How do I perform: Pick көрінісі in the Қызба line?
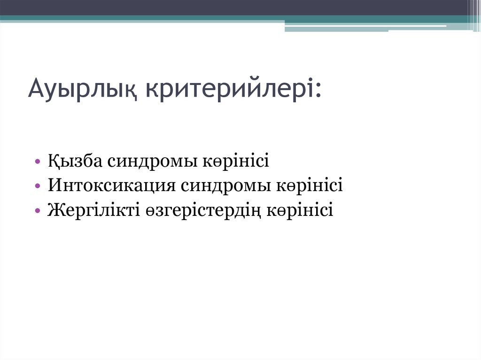(236, 161)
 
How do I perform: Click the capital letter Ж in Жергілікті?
(54, 209)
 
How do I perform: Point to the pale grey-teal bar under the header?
(366, 29)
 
